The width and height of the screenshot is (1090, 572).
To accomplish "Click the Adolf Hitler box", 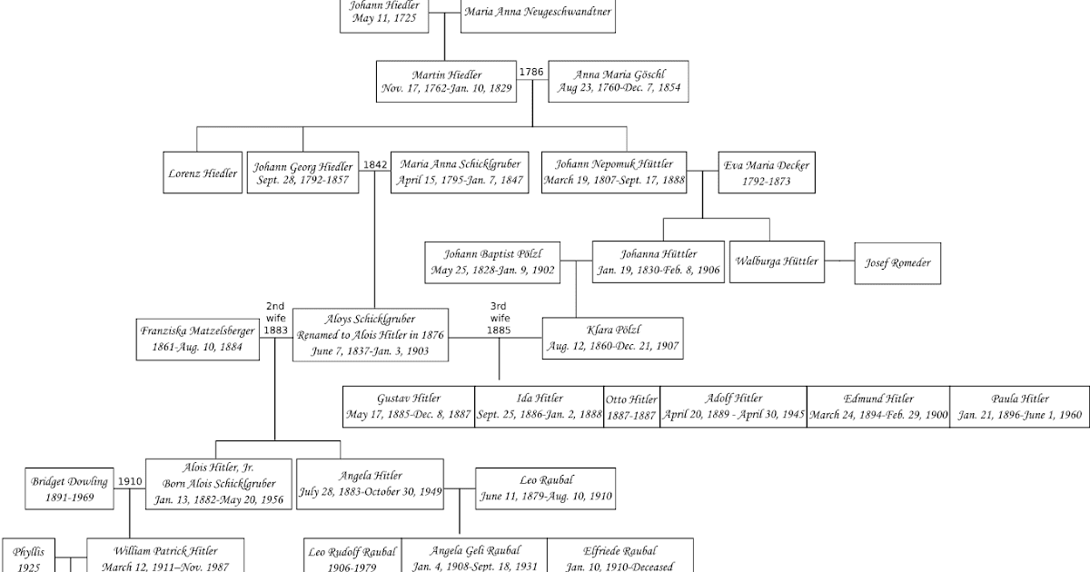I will pyautogui.click(x=733, y=406).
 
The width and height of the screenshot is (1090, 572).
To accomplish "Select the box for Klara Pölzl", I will pyautogui.click(x=611, y=338).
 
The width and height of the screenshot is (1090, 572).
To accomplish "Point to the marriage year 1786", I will pyautogui.click(x=530, y=71).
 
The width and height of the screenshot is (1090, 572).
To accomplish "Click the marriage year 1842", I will pyautogui.click(x=375, y=164).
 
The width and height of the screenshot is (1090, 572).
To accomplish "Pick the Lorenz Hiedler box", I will pyautogui.click(x=203, y=173).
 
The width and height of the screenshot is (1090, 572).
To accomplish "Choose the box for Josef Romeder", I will pyautogui.click(x=897, y=262).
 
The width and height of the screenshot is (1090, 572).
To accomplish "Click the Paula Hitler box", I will pyautogui.click(x=1019, y=406).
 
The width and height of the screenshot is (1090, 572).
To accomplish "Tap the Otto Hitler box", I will pyautogui.click(x=631, y=406).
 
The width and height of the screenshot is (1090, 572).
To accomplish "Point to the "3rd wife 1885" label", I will pyautogui.click(x=499, y=319).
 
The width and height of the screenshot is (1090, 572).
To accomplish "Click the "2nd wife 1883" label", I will pyautogui.click(x=275, y=319).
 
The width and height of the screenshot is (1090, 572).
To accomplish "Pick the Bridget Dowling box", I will pyautogui.click(x=70, y=489).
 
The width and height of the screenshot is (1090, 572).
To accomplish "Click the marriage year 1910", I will pyautogui.click(x=130, y=481).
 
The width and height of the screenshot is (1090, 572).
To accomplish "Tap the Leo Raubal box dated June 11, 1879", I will pyautogui.click(x=546, y=489).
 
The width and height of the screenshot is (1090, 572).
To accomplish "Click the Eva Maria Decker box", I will pyautogui.click(x=754, y=172).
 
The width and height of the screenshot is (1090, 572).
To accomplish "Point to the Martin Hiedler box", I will pyautogui.click(x=446, y=82).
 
